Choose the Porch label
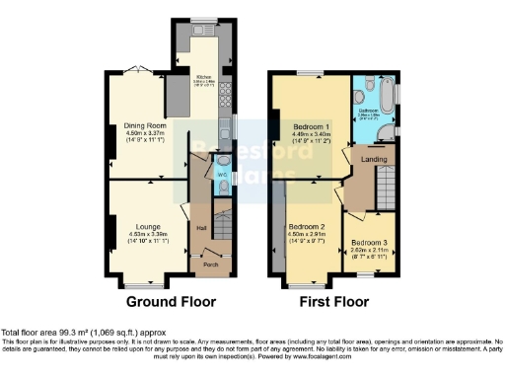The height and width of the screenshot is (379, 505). [210, 265]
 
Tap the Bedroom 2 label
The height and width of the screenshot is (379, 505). [309, 226]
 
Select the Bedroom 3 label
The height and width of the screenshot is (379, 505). [369, 242]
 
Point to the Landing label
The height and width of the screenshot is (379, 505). [373, 159]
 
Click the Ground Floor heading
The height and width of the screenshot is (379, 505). [159, 301]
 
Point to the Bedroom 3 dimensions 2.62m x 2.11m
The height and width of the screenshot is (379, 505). [369, 250]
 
